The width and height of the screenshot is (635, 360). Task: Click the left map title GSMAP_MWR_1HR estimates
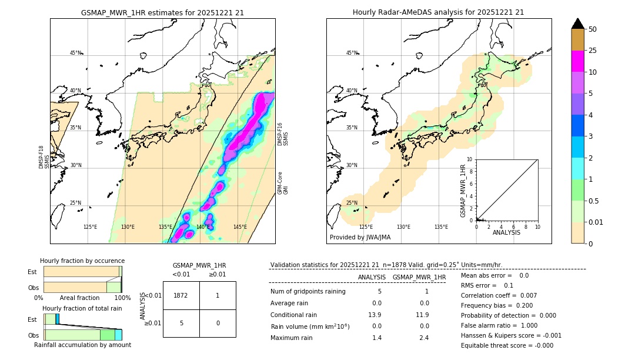pyautogui.click(x=162, y=12)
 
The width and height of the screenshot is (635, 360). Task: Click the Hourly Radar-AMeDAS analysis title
pyautogui.click(x=438, y=12)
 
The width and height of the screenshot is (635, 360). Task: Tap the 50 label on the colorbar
pyautogui.click(x=593, y=29)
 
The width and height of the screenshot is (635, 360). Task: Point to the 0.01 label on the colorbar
pyautogui.click(x=596, y=222)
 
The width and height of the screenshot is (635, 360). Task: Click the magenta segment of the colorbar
pyautogui.click(x=577, y=61)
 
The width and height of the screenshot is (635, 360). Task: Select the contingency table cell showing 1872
pyautogui.click(x=181, y=295)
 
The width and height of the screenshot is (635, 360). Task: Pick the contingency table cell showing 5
pyautogui.click(x=181, y=323)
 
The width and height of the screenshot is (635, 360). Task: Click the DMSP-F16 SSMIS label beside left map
pyautogui.click(x=283, y=135)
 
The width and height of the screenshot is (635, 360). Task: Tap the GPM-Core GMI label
pyautogui.click(x=283, y=183)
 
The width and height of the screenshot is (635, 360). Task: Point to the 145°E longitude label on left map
pyautogui.click(x=240, y=227)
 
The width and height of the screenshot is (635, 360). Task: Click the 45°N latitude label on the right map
pyautogui.click(x=352, y=53)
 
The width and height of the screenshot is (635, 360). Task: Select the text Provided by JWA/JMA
pyautogui.click(x=360, y=237)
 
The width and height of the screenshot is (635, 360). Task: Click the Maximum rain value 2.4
pyautogui.click(x=423, y=338)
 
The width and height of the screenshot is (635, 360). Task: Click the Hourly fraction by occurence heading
pyautogui.click(x=82, y=261)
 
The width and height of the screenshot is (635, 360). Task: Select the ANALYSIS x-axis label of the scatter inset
pyautogui.click(x=507, y=232)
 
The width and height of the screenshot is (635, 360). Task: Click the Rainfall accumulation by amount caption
pyautogui.click(x=82, y=345)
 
